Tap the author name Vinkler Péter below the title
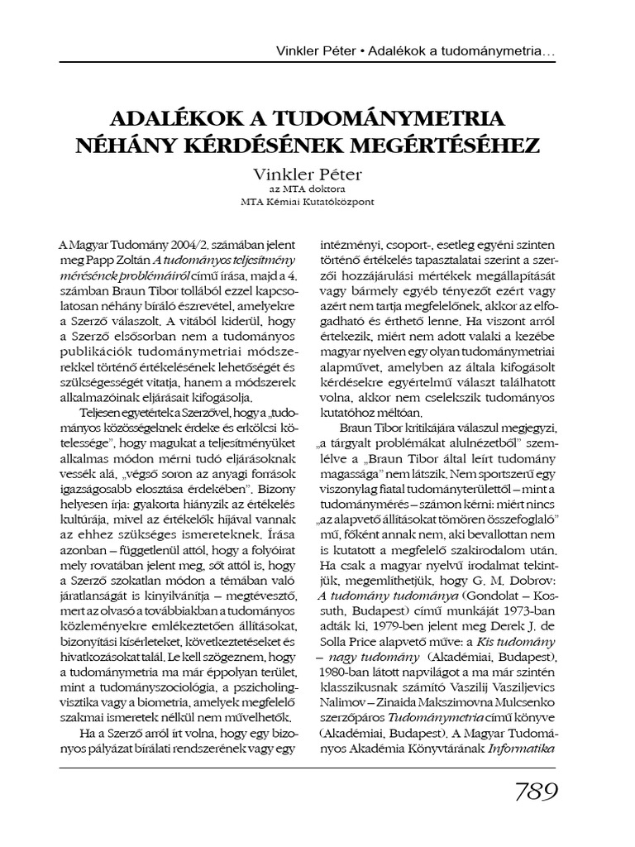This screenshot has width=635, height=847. (317, 175)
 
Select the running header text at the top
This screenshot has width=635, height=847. (415, 52)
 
